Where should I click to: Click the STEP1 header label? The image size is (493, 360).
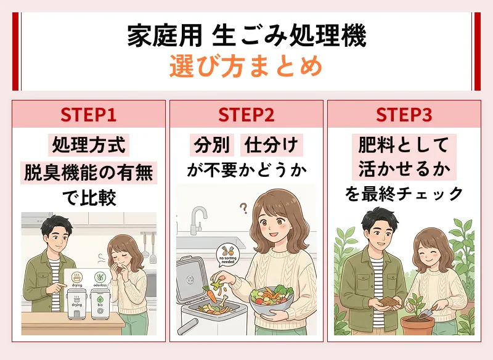click(89, 115)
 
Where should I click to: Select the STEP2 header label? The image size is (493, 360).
click(246, 115)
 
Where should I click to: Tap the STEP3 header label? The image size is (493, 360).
click(404, 115)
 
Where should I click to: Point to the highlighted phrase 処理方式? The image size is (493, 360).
click(89, 145)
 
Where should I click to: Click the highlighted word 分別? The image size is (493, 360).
click(212, 145)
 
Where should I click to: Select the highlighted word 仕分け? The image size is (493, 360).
click(271, 145)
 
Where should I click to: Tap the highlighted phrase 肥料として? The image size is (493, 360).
click(404, 145)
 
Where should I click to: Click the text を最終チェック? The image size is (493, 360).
click(404, 194)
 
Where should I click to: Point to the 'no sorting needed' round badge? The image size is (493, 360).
click(226, 255)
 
